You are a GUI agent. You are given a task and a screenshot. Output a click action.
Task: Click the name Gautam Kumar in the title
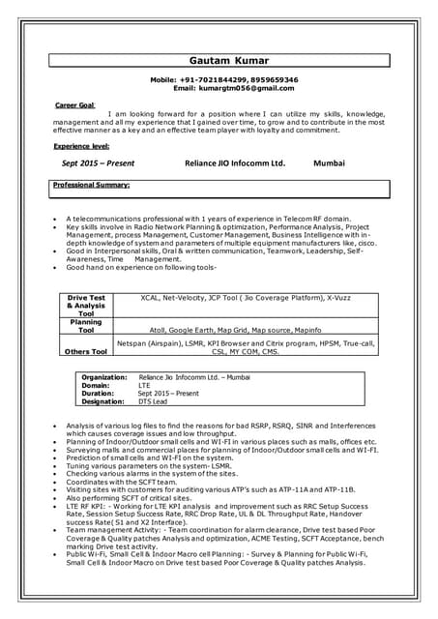[x=229, y=59]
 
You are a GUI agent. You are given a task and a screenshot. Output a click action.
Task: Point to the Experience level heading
[x=81, y=145]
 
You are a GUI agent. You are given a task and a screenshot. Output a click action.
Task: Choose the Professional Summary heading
[x=92, y=184]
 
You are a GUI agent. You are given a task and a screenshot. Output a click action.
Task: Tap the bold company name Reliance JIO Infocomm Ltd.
[x=235, y=163]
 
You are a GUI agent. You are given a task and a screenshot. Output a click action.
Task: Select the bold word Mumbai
[x=329, y=163]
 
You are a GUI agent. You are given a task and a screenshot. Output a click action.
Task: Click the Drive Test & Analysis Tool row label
[x=86, y=306]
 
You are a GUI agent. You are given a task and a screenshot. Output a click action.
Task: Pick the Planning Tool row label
[x=86, y=326]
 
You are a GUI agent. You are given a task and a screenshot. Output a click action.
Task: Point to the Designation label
[x=104, y=401]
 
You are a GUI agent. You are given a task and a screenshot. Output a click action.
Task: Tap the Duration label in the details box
[x=98, y=393]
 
